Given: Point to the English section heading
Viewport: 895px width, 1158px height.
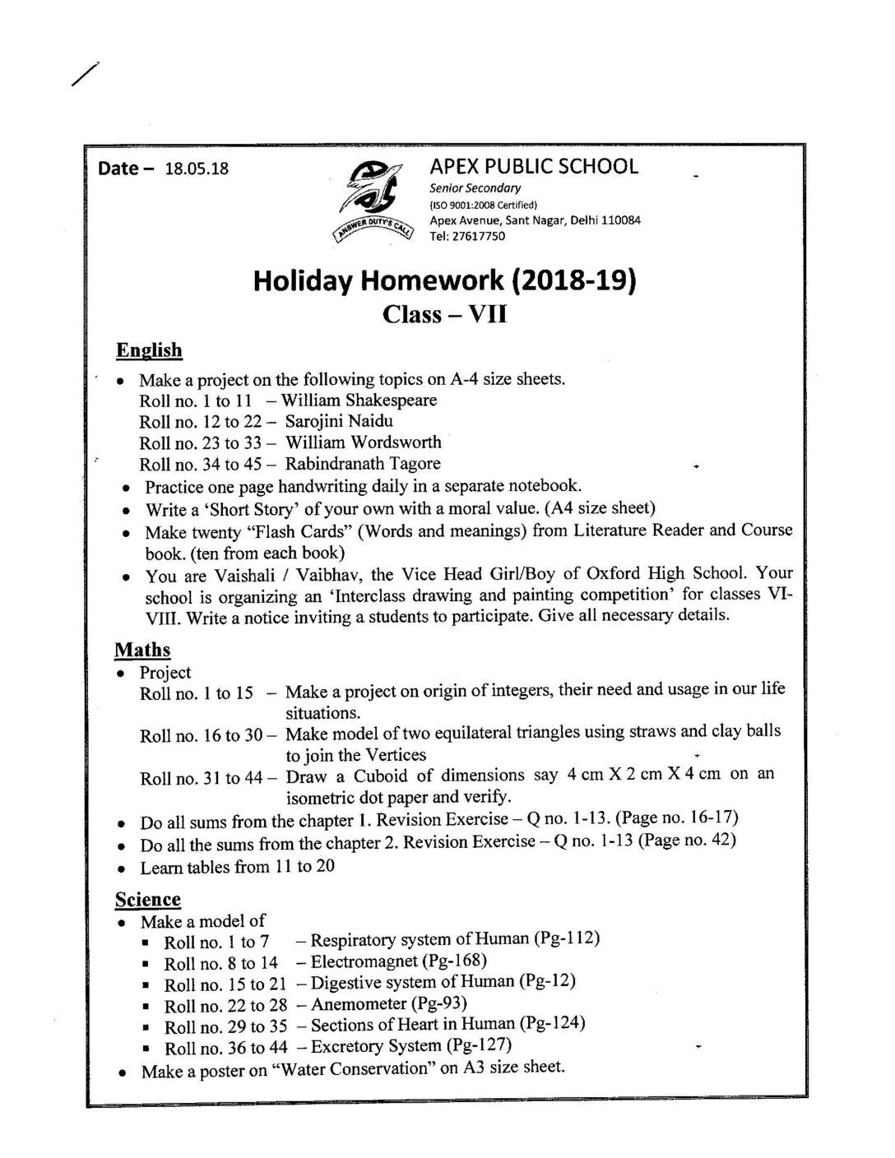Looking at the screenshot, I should [149, 350].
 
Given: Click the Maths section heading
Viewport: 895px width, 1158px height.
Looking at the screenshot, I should [142, 650].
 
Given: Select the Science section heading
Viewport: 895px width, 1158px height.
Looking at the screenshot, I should [147, 899].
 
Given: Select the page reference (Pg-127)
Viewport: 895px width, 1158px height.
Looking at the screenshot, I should [479, 1045].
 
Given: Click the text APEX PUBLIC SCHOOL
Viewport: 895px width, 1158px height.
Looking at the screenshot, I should [534, 166].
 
